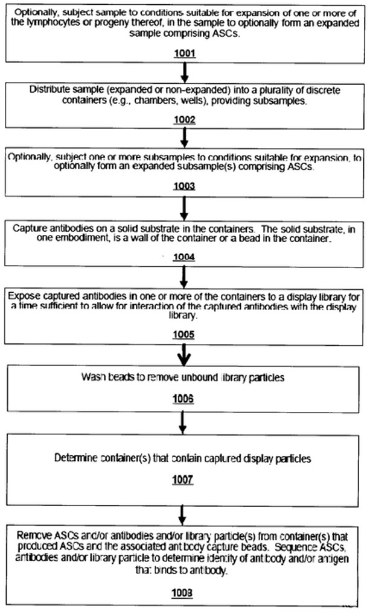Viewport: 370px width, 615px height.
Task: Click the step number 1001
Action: coord(185,53)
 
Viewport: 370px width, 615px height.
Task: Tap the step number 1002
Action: coord(185,119)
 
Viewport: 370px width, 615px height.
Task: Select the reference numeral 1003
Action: coord(184,186)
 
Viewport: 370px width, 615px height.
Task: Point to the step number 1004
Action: coord(184,257)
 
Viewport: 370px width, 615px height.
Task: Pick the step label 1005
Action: coord(183,334)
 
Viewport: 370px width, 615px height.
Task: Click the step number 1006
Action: coord(183,399)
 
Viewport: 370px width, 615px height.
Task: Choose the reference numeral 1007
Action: coord(182,479)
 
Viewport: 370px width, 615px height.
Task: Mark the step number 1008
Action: coord(182,592)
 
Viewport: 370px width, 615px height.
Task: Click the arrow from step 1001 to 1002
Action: coord(185,72)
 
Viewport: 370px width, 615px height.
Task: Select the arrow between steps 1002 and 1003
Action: coord(184,138)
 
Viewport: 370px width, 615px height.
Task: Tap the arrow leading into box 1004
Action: coord(183,208)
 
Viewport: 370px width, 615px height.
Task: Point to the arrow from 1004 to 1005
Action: coord(183,278)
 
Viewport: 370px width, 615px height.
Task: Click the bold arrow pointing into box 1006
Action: coord(183,356)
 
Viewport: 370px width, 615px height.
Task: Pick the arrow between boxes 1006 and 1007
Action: coord(182,423)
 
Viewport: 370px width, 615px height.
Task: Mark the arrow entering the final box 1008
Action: coord(182,516)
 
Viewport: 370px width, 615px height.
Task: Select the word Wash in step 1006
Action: coord(92,377)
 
